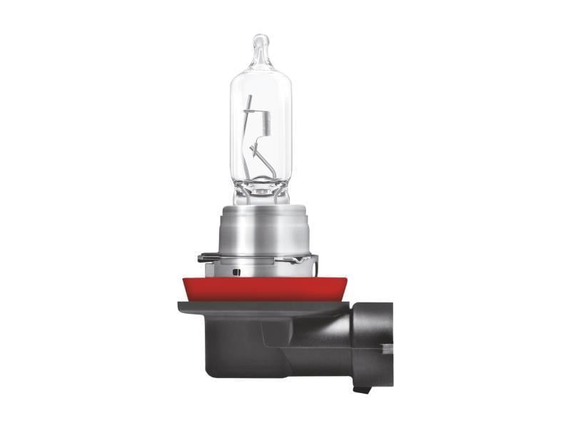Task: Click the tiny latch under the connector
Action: pyautogui.click(x=363, y=389)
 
